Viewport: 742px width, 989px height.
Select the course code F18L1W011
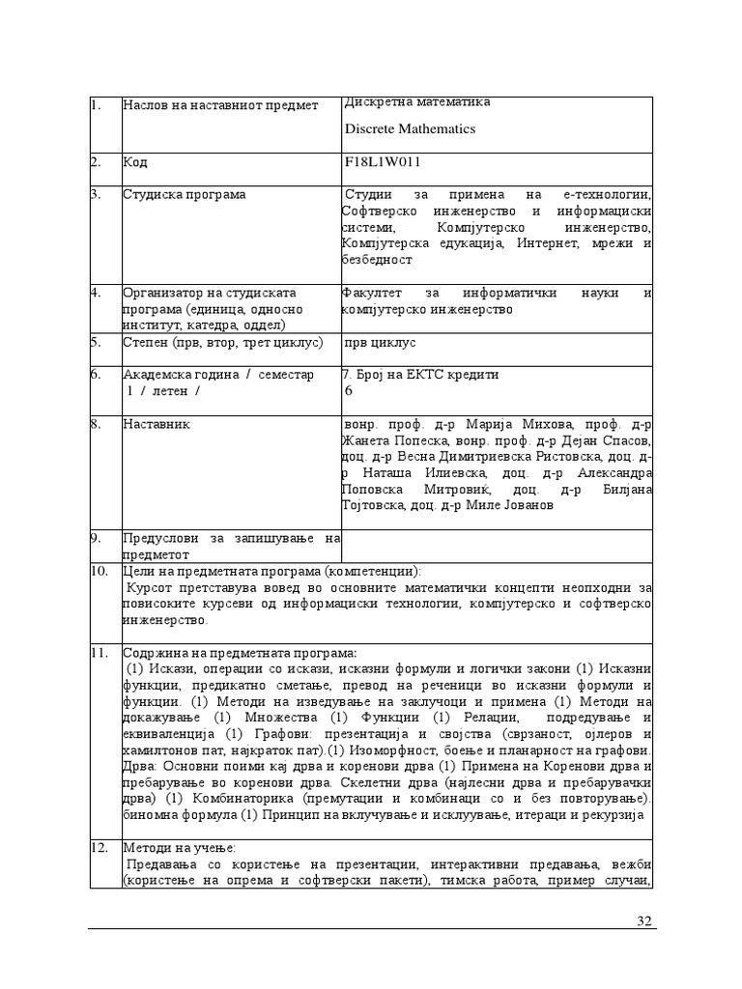pos(383,162)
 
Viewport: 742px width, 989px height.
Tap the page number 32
pos(645,920)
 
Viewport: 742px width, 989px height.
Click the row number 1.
pos(96,104)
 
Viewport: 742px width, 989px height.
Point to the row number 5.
pos(96,341)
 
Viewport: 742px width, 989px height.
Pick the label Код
pos(135,162)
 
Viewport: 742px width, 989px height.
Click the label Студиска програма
pos(184,194)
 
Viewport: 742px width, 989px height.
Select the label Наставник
pos(157,423)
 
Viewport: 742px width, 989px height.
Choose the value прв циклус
pos(380,342)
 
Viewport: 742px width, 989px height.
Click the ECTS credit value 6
pos(349,391)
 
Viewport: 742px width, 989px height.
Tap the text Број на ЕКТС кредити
pos(420,375)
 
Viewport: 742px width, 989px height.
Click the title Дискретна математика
pos(417,101)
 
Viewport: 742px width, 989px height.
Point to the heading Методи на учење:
pos(173,847)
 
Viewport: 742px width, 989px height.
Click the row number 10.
pos(99,571)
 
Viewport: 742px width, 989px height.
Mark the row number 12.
pos(99,847)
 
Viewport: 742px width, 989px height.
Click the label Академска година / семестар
pos(217,375)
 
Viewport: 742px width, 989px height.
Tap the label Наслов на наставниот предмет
pos(220,104)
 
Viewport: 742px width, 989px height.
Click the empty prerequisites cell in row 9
pos(497,545)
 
